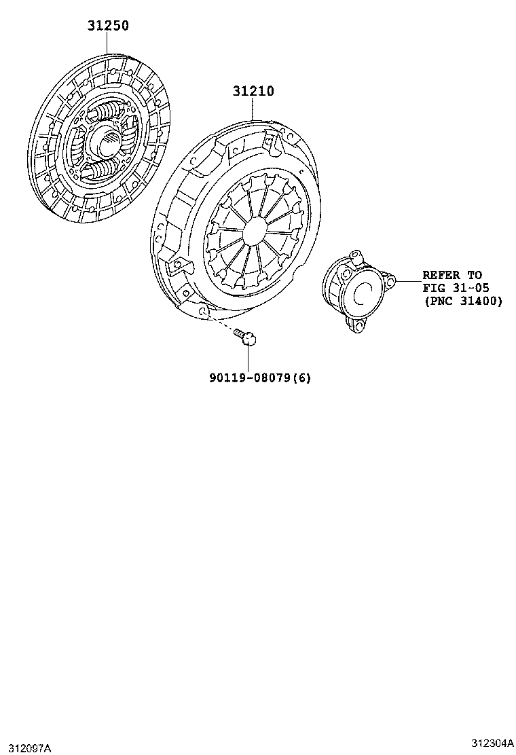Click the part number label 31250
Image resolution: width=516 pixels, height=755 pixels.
pos(107,26)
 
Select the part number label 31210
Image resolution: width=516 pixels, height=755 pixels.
pos(253,91)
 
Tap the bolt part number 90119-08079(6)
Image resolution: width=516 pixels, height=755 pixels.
pos(260,377)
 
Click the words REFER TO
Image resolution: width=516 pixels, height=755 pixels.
pos(452,275)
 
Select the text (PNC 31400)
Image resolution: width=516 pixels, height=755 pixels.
pos(463,301)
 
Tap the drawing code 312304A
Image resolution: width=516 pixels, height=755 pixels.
pos(490,742)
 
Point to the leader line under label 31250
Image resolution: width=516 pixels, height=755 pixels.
pos(107,43)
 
